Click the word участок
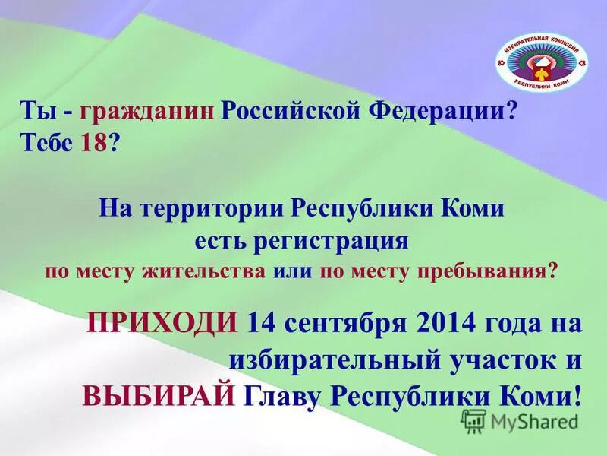(496, 358)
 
